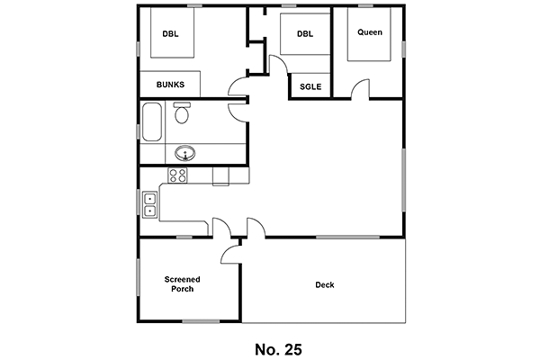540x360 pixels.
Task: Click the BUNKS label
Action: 170,85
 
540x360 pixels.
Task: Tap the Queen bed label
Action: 370,32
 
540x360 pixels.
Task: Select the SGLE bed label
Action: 310,86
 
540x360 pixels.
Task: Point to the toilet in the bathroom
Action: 182,112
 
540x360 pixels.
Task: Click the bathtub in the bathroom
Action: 152,121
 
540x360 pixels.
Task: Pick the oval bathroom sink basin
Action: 184,153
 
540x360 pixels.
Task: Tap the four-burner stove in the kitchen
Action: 177,175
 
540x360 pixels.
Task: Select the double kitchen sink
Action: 149,204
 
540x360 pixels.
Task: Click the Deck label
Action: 325,285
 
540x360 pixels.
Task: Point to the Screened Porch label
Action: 182,284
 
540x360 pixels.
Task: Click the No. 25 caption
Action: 278,349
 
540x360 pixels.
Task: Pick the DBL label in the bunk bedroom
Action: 170,34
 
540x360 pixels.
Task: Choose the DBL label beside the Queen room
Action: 305,34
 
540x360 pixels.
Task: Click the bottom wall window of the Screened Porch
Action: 201,321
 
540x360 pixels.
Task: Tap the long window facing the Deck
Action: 347,237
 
